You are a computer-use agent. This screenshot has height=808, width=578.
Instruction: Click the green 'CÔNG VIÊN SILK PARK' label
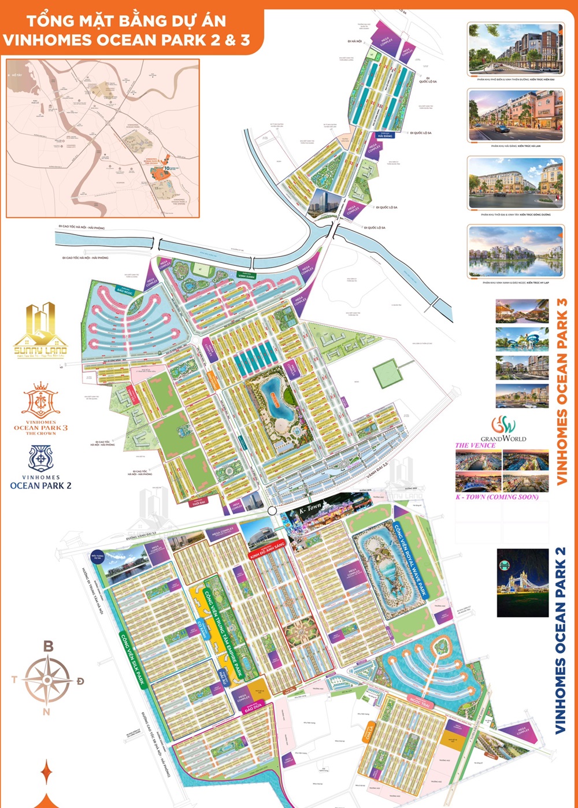(x=132, y=659)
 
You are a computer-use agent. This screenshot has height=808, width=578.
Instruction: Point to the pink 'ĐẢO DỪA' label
(x=253, y=706)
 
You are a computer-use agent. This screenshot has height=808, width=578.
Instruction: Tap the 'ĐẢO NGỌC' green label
(x=125, y=291)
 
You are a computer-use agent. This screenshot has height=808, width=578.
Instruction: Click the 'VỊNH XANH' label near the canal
(x=247, y=276)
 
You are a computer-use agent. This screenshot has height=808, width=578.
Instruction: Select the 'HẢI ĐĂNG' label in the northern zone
(x=385, y=135)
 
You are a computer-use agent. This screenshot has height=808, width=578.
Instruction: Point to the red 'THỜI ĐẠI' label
(x=198, y=503)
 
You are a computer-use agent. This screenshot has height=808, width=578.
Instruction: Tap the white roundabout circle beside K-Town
(x=272, y=511)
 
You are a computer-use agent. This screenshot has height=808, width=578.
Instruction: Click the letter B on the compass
(x=49, y=646)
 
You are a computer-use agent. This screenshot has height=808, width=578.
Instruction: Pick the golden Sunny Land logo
(x=40, y=329)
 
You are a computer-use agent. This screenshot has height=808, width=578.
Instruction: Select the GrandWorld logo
(x=503, y=428)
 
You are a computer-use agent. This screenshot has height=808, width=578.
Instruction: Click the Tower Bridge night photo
(x=523, y=583)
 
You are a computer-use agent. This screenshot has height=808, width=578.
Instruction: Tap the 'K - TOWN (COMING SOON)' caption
(x=497, y=496)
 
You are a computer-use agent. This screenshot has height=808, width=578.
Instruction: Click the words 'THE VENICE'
(x=475, y=445)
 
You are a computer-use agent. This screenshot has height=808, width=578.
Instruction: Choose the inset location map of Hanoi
(x=103, y=138)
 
